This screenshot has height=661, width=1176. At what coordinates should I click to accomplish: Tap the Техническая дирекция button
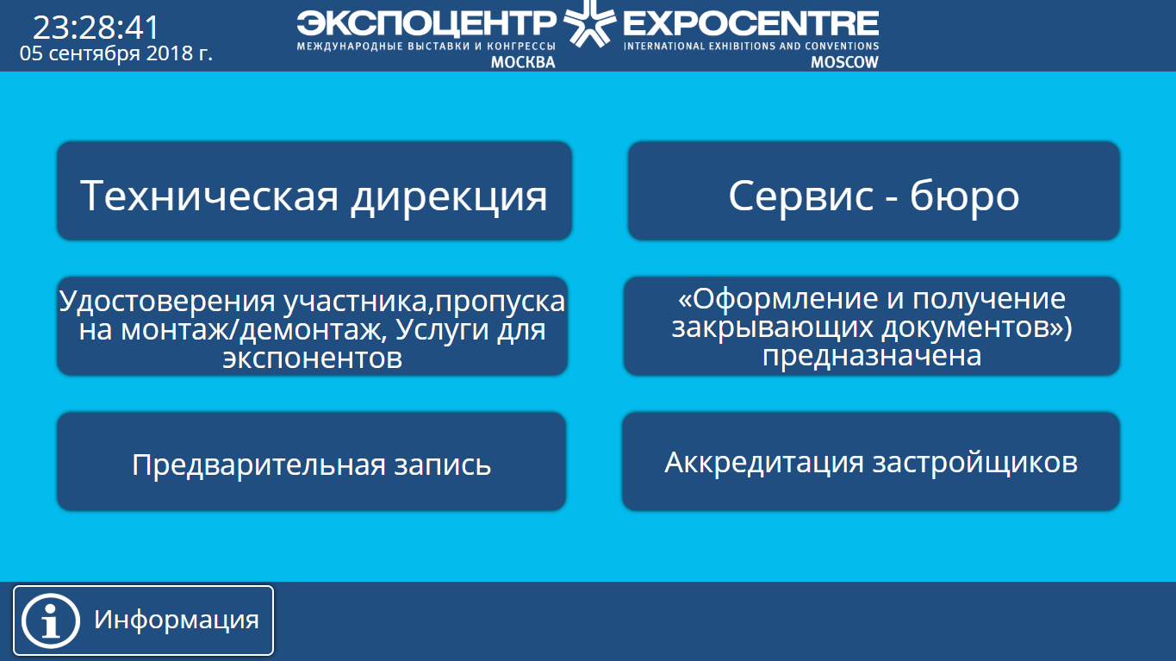tap(314, 190)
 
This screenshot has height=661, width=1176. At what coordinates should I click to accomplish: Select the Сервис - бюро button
tap(874, 190)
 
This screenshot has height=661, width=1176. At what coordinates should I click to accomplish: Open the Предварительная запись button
tap(311, 461)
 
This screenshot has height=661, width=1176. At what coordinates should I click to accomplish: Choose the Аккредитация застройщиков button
tap(871, 461)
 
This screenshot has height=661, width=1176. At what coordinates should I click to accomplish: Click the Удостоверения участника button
tap(312, 326)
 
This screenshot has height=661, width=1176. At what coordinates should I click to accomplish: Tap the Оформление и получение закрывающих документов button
tap(872, 326)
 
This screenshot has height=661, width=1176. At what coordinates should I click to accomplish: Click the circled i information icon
tap(50, 620)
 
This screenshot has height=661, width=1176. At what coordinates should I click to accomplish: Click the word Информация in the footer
tap(177, 620)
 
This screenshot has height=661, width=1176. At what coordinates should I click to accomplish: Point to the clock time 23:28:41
tap(96, 28)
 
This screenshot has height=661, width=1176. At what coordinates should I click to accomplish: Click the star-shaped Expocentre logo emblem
tap(589, 23)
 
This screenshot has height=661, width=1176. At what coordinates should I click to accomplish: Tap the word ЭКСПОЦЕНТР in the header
tap(426, 23)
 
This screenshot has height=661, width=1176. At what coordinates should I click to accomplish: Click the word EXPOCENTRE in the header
tap(750, 23)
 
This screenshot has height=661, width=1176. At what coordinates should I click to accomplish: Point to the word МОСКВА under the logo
tap(523, 62)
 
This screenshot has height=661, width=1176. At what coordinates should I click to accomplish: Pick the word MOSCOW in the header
tap(844, 62)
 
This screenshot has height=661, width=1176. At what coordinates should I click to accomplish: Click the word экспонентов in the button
tap(313, 359)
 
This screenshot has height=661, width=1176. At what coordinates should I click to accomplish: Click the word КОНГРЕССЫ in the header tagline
tap(521, 47)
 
